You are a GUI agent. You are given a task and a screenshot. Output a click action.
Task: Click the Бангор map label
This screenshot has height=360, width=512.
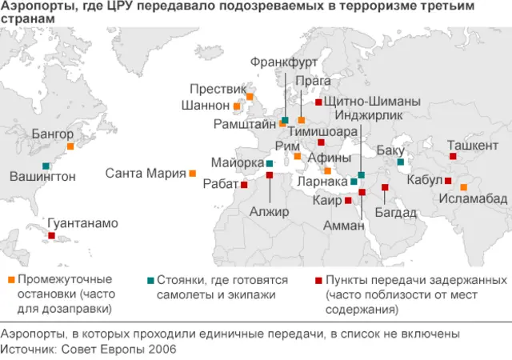(52, 134)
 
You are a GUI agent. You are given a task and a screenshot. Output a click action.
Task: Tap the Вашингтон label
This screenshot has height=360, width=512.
(42, 176)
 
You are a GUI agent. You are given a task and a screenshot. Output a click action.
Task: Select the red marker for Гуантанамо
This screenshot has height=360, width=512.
(52, 236)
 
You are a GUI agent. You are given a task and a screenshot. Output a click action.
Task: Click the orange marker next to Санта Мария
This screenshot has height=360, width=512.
(193, 173)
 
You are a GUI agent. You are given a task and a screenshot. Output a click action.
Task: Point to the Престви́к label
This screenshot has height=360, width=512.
(217, 89)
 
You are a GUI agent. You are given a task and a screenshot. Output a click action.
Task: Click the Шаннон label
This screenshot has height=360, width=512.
(207, 106)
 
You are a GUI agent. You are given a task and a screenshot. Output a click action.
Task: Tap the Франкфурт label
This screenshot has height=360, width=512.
(284, 62)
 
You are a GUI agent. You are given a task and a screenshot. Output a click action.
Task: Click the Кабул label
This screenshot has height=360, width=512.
(424, 180)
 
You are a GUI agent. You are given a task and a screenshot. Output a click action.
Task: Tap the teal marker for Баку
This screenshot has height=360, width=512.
(400, 163)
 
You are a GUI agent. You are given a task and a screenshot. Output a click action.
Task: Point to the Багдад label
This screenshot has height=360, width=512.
(396, 212)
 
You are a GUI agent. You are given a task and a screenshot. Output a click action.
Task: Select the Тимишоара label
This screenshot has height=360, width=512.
(322, 130)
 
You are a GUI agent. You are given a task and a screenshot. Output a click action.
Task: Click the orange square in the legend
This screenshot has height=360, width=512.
(10, 280)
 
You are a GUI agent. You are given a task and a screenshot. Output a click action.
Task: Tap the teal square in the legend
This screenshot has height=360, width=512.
(150, 280)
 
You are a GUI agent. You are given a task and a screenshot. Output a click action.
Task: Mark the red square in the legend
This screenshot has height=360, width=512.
(318, 280)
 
